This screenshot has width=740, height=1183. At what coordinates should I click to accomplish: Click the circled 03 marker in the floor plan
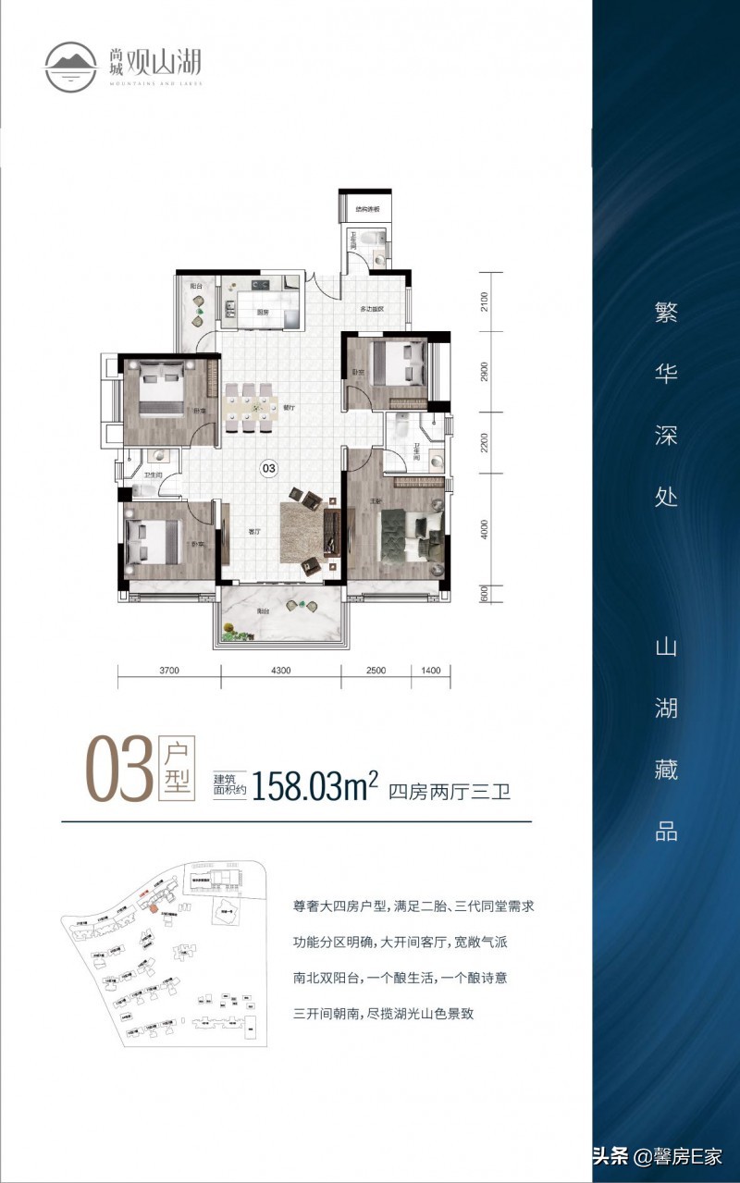click(269, 469)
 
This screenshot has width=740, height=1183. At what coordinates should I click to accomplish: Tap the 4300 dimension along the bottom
click(281, 671)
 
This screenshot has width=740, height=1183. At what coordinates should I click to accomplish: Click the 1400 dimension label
click(431, 671)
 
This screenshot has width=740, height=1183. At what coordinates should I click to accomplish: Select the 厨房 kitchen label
click(263, 313)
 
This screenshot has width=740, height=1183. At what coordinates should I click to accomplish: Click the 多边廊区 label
click(373, 308)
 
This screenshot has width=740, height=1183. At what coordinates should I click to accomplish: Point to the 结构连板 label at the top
click(368, 210)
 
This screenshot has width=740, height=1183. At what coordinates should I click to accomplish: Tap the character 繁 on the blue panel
click(666, 313)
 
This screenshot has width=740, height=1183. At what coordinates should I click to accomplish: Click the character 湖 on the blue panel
click(666, 708)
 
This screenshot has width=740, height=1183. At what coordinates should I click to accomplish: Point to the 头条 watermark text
click(610, 1155)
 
